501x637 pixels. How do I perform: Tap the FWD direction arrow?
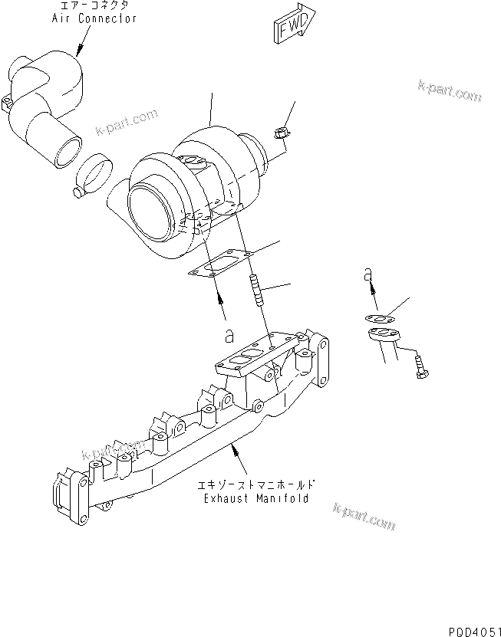(x=292, y=27)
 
